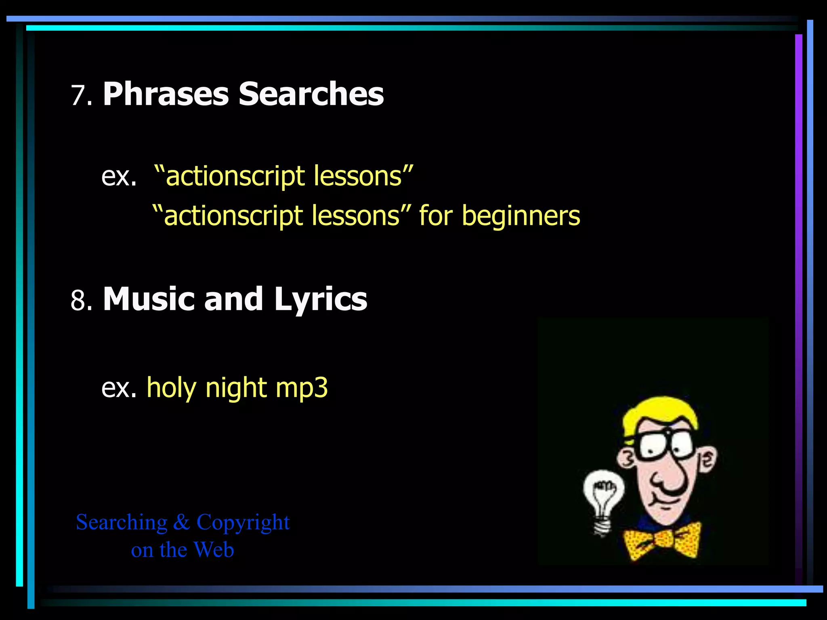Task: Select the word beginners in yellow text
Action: (521, 216)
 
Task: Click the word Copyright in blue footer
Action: (243, 523)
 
